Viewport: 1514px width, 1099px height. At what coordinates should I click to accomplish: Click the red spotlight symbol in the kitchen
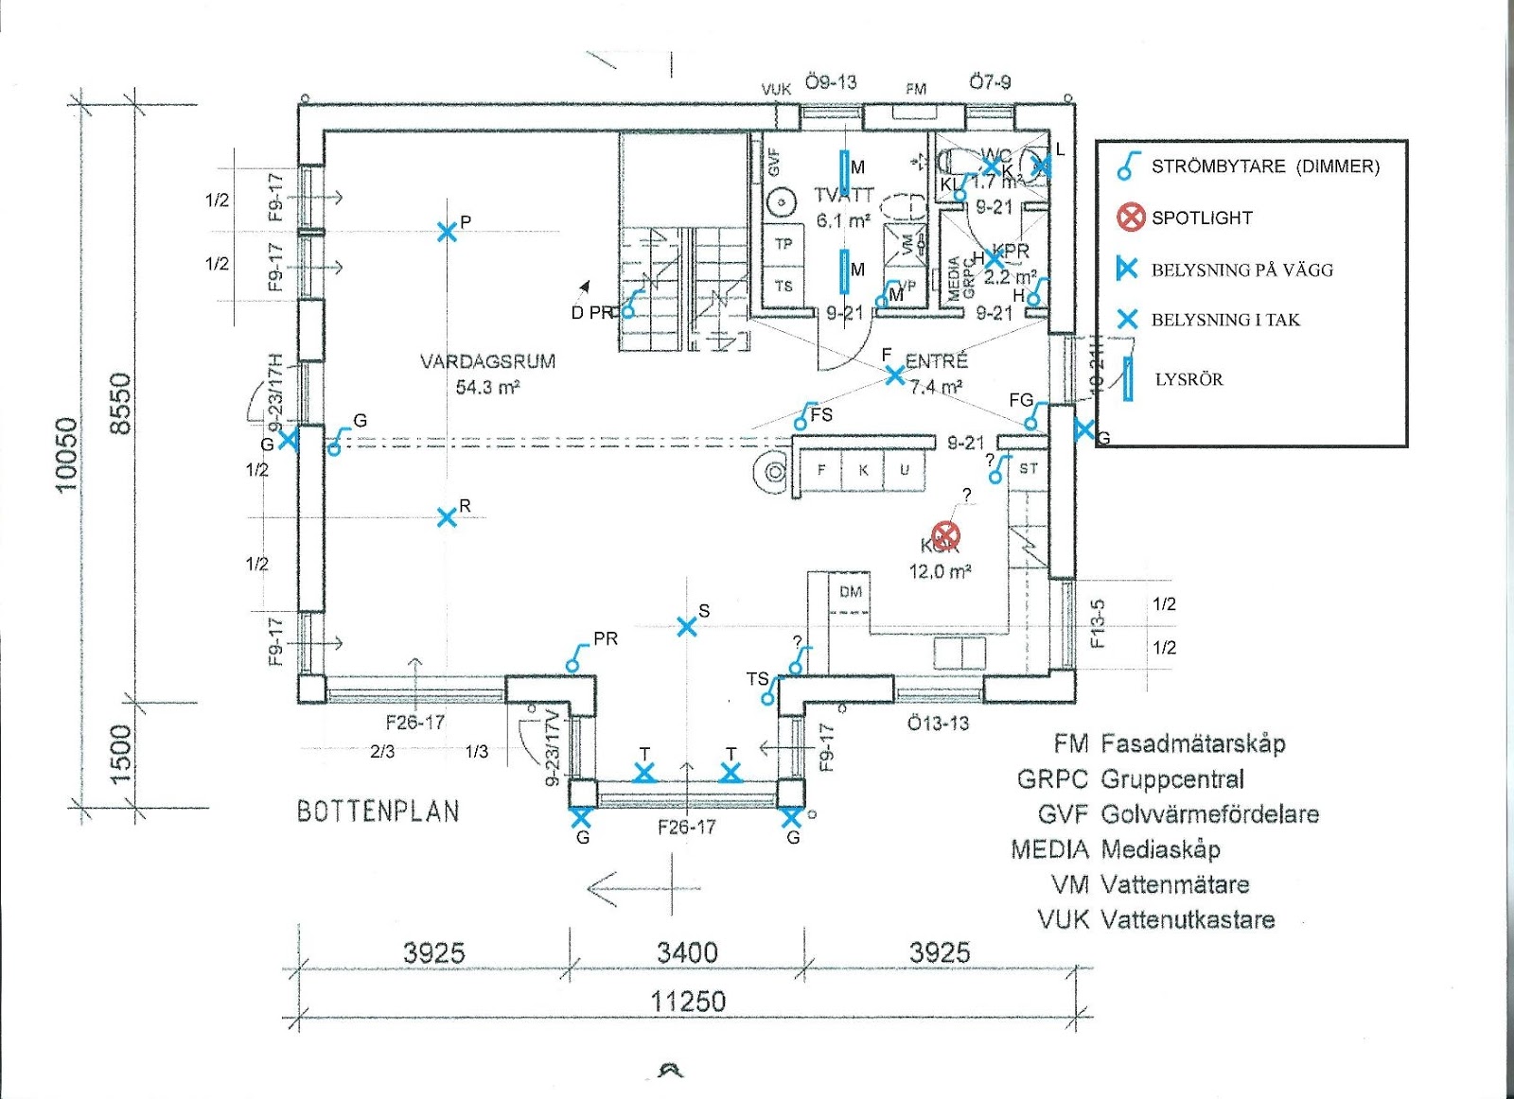click(945, 535)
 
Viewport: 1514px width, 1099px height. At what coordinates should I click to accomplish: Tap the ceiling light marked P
click(447, 232)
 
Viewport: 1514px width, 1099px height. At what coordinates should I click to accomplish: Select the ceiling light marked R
click(447, 517)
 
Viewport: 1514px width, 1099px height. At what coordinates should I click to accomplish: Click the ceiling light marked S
click(687, 626)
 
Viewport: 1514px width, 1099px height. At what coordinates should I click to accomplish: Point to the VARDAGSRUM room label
click(487, 361)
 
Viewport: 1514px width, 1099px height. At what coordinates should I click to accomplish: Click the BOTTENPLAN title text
click(378, 811)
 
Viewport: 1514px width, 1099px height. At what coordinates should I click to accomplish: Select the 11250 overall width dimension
click(688, 1001)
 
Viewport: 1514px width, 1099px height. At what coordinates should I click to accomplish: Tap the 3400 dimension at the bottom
click(688, 952)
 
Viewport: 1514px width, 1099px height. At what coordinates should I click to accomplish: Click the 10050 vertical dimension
click(66, 454)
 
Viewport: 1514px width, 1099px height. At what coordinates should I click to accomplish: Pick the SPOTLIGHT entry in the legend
click(1201, 218)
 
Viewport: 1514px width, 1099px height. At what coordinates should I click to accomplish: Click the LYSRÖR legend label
click(1188, 379)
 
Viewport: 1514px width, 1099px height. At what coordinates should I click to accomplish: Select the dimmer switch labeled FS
click(804, 418)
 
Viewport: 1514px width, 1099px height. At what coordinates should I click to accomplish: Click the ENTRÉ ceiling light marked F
click(894, 375)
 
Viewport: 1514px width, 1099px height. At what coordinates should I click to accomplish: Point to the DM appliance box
click(851, 592)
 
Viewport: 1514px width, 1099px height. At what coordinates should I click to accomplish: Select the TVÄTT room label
click(843, 195)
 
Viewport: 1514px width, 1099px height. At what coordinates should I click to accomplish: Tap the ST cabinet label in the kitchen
click(1029, 468)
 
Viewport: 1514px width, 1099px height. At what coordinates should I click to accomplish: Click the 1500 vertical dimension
click(121, 754)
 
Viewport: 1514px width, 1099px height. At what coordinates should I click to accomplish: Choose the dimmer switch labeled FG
click(1033, 417)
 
